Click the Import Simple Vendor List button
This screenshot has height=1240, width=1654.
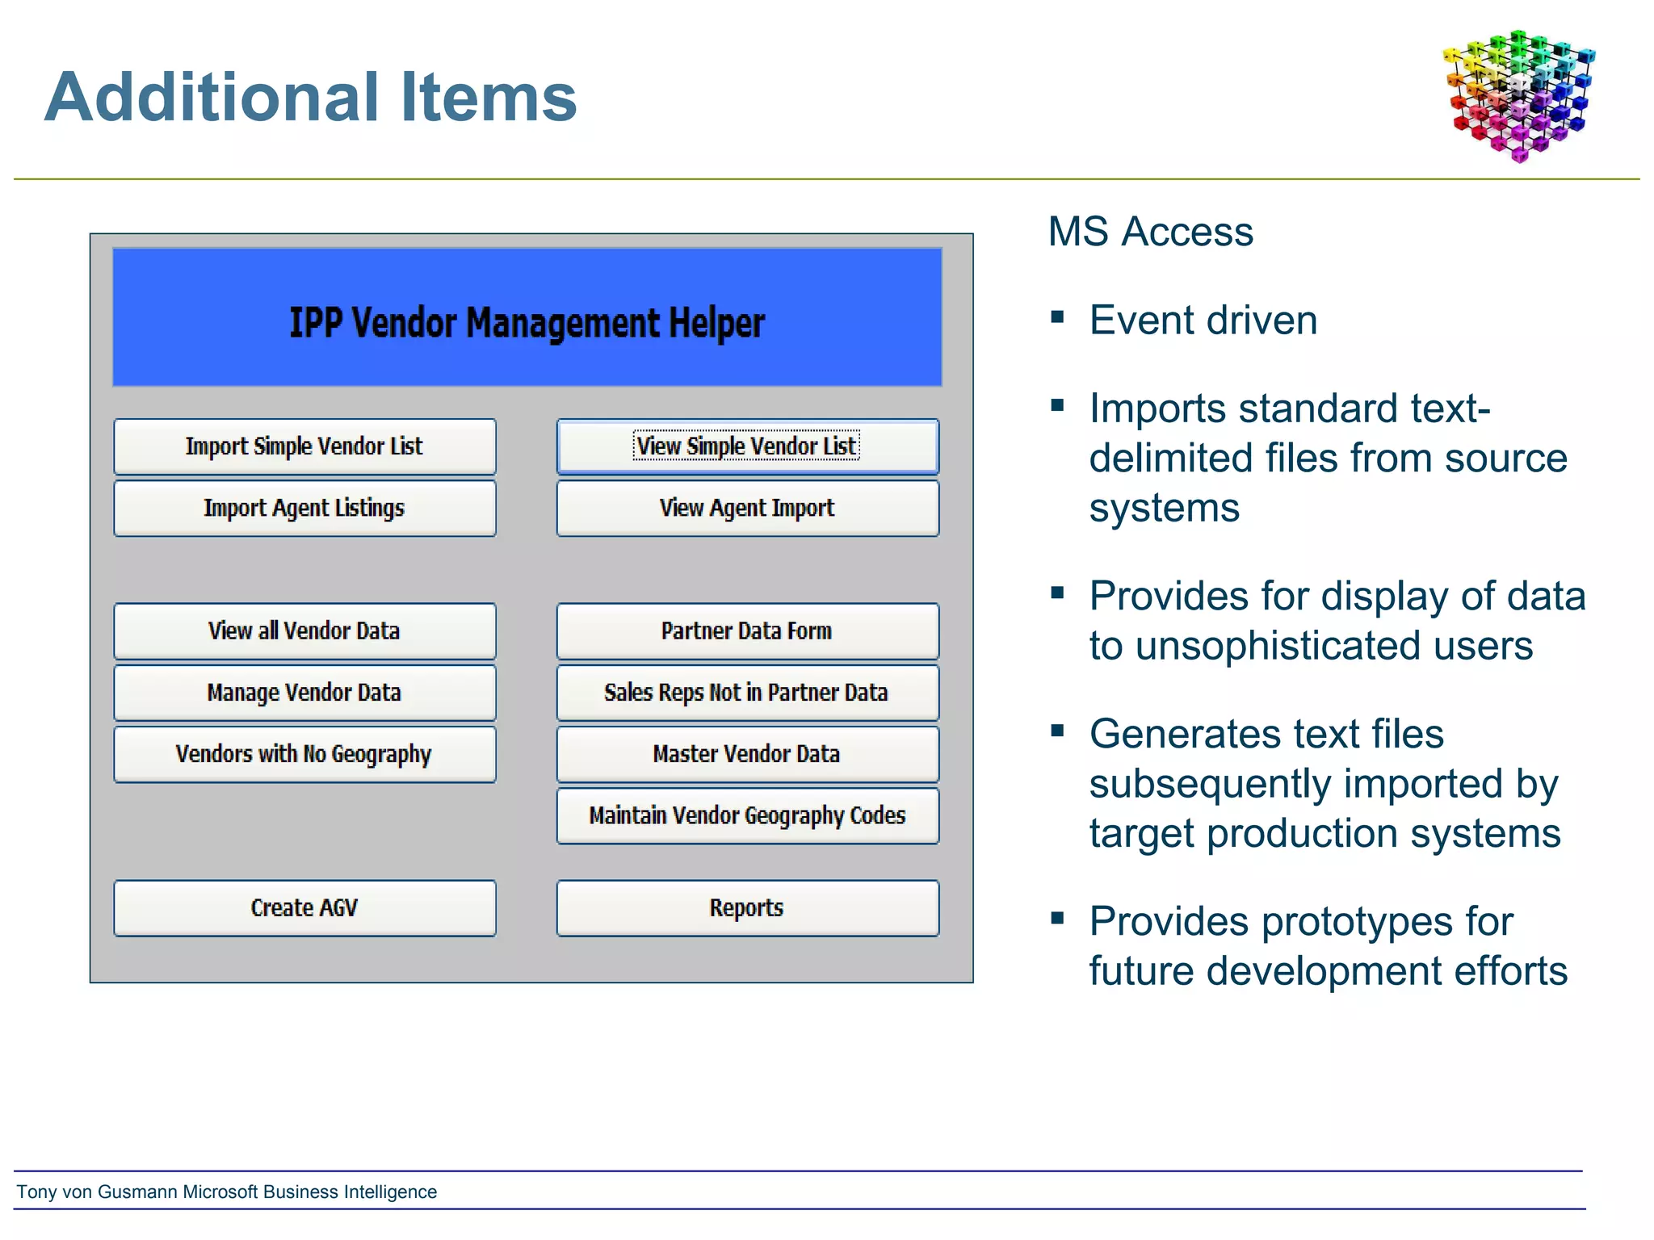[304, 446]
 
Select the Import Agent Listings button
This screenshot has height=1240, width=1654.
[304, 509]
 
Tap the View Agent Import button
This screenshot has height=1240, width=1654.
[747, 509]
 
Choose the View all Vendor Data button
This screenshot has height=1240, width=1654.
[304, 631]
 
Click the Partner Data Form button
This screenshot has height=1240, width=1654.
[747, 631]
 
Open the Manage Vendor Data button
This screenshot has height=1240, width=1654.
[304, 693]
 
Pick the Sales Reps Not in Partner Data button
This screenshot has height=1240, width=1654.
[747, 693]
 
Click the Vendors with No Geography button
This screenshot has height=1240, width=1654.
[304, 754]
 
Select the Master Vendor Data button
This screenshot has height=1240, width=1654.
[747, 754]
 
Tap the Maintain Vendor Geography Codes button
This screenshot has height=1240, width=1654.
[747, 816]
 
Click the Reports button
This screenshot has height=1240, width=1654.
[747, 908]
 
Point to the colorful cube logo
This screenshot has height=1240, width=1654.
[1518, 95]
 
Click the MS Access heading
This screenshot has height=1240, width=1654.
[1150, 232]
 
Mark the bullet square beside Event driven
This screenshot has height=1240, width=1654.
[1057, 317]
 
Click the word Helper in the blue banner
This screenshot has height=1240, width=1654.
[716, 323]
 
